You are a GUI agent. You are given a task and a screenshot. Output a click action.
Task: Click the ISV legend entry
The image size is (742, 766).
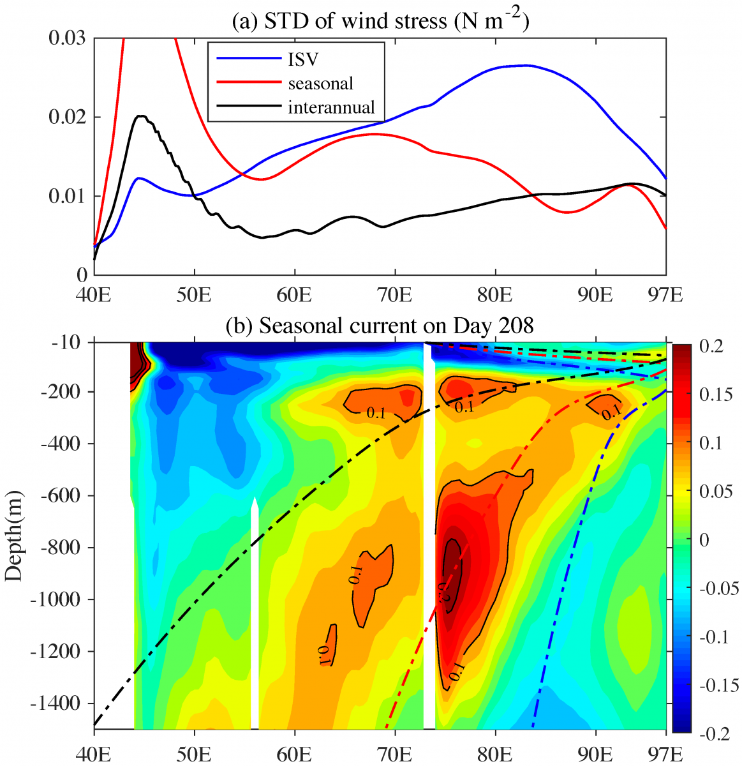tap(302, 60)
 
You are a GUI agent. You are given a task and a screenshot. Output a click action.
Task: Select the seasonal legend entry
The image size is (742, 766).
tap(320, 84)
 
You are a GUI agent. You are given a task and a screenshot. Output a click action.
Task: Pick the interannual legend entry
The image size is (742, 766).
tap(331, 107)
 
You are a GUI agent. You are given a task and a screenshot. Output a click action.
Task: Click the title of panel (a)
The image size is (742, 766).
tap(381, 22)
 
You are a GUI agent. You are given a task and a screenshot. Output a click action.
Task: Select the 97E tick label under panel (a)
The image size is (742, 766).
tap(665, 295)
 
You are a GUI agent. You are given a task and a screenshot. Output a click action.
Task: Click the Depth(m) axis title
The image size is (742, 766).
tap(13, 535)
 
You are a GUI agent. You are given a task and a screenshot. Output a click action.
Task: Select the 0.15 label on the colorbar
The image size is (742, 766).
tap(716, 394)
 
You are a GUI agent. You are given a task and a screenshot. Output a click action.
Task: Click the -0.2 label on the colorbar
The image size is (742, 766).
tap(716, 734)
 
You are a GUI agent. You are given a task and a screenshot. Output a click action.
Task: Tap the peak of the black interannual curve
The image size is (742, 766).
tap(140, 116)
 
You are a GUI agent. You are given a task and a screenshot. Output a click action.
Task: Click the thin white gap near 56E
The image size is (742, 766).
tap(255, 613)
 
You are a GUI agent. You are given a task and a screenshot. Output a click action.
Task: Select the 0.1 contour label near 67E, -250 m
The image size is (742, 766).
tap(376, 413)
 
